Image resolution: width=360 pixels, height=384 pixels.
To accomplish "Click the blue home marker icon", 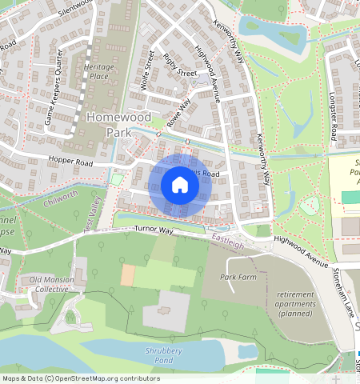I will pos(180,186).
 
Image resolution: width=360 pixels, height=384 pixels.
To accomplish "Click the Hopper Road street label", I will pos(72,162).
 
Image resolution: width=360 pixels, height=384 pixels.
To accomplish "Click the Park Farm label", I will pos(238,276).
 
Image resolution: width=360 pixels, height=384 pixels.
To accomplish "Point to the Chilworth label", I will pos(62,194).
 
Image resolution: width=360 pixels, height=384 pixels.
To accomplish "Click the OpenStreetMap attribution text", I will pos(80,378).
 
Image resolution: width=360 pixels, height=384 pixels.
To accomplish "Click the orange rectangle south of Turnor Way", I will pos(127,274).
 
